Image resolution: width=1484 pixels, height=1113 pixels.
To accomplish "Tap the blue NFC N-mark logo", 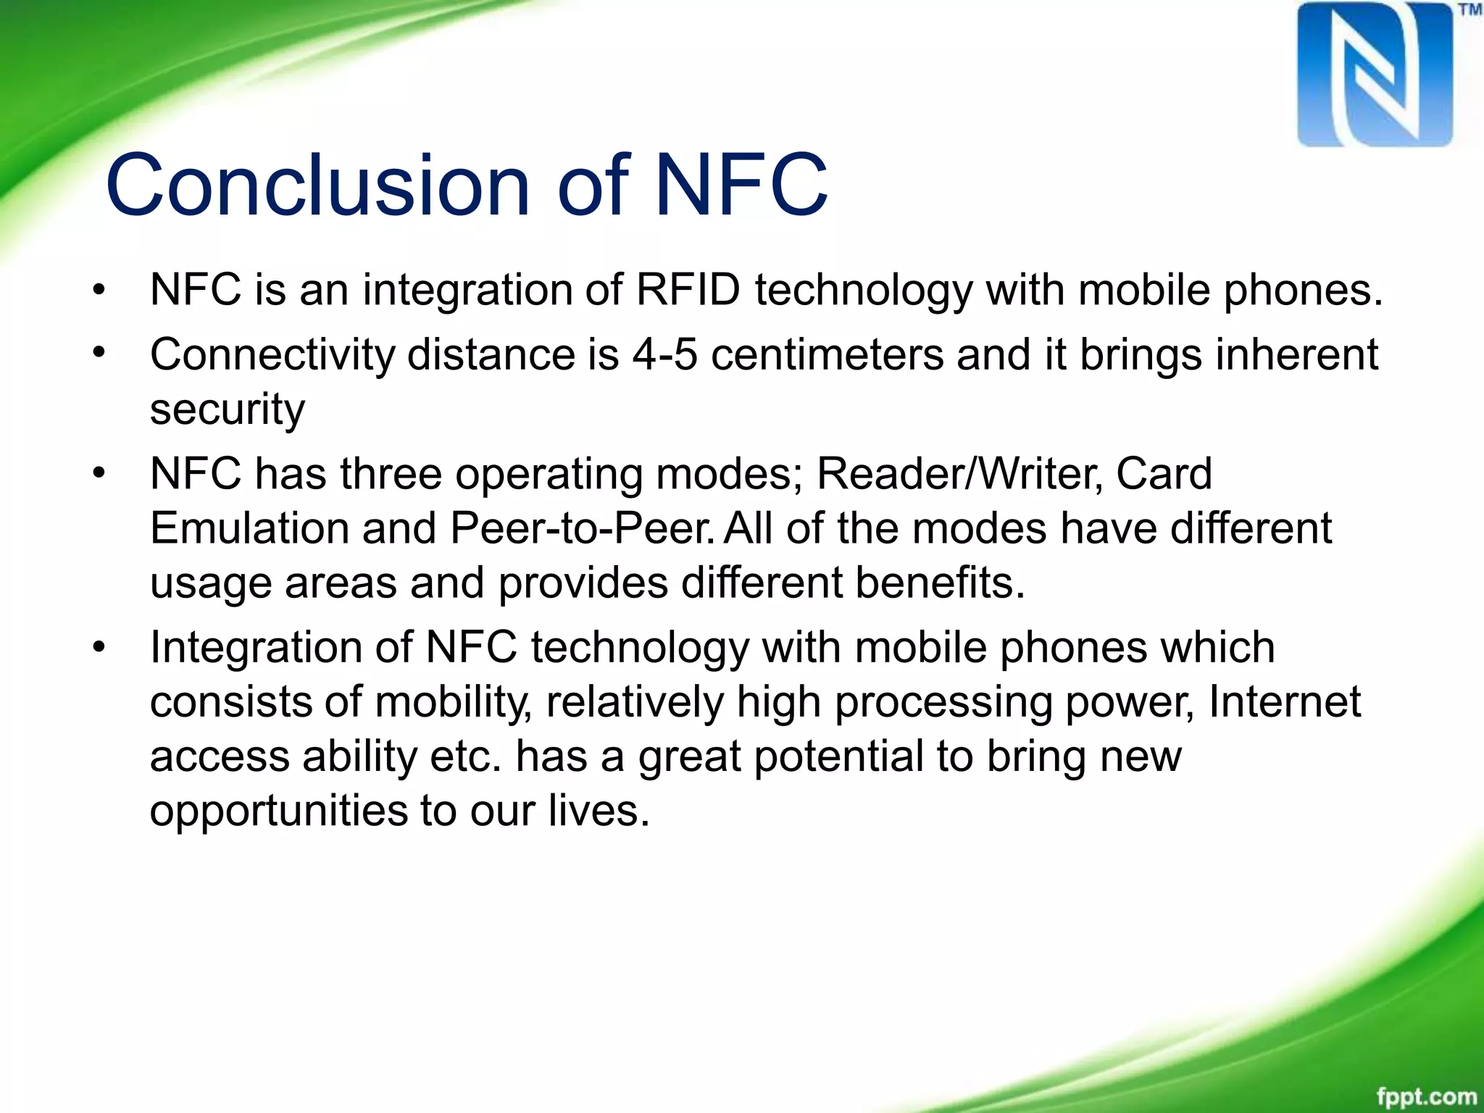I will click(1375, 75).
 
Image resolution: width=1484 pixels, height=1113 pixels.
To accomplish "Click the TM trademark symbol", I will click(1470, 10).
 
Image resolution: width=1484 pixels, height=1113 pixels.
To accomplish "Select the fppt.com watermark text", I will click(1426, 1096).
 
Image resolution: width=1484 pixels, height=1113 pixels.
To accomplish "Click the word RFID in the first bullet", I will click(688, 290).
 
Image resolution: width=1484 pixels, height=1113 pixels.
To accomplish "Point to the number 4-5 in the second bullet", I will click(664, 355).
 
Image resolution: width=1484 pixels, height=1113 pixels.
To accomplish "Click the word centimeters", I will click(827, 355).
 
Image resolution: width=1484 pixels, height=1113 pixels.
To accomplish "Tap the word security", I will click(227, 410).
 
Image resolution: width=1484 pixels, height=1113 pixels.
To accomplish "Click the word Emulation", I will click(249, 528).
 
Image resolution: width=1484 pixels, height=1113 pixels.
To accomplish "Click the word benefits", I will click(940, 583).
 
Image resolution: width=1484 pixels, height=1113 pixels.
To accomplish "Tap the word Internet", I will click(1284, 701).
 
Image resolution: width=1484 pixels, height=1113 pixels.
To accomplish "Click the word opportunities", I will click(278, 812).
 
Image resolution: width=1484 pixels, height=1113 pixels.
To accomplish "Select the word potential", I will click(838, 756).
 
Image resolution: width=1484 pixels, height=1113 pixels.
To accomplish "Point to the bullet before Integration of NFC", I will click(99, 646).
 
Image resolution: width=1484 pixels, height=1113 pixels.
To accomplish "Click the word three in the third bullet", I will click(391, 474).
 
